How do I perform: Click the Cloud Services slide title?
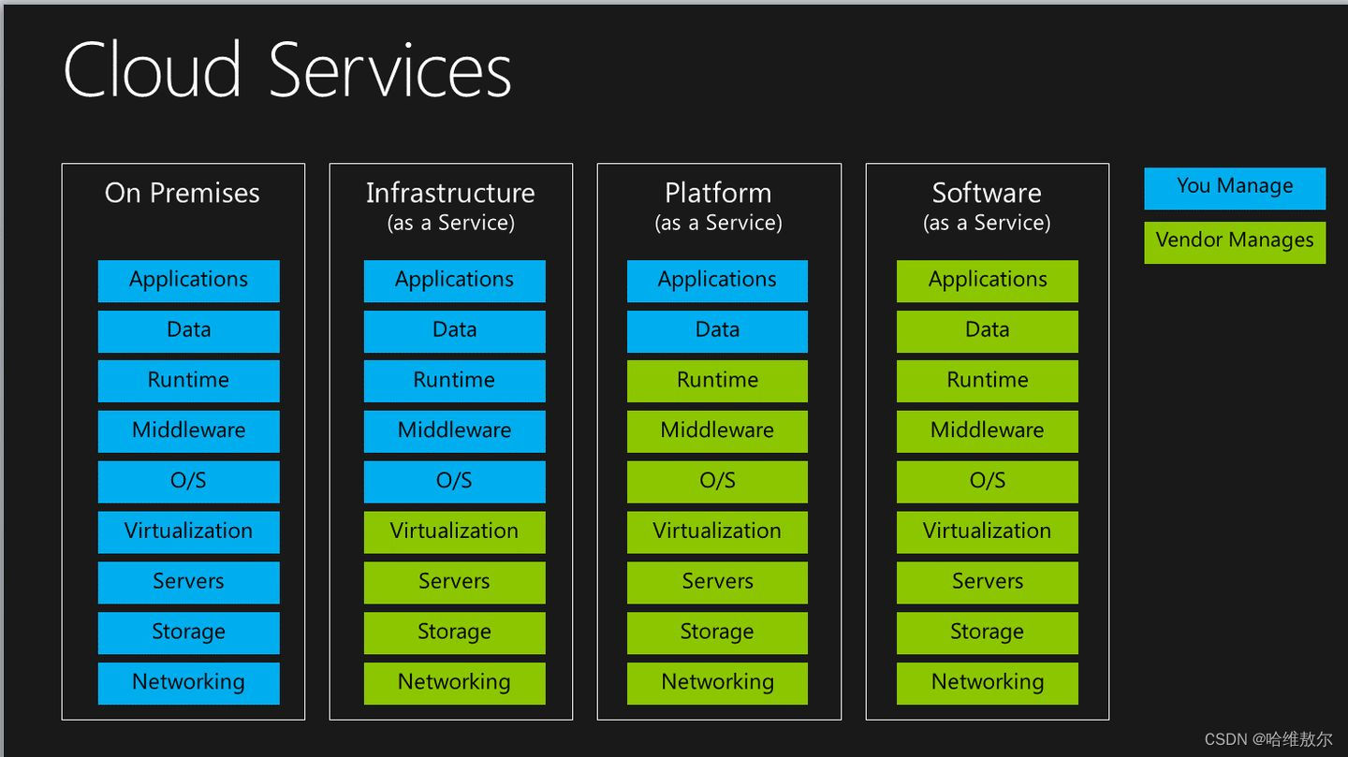tap(286, 70)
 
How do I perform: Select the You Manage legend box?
tap(1234, 187)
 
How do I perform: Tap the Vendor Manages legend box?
tap(1234, 241)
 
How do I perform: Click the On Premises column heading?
tap(183, 193)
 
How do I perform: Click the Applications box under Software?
tap(987, 281)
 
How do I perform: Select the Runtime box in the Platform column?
tap(717, 381)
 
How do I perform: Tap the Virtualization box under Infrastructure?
tap(454, 531)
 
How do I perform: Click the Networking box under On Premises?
tap(188, 683)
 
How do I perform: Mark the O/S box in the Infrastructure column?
tap(454, 481)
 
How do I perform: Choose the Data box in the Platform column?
tap(717, 330)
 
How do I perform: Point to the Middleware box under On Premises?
tap(188, 431)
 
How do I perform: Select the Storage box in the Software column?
tap(987, 633)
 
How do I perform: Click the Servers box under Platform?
tap(717, 582)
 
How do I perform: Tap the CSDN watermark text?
tap(1267, 739)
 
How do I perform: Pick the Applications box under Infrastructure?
tap(454, 281)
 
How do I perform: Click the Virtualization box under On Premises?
tap(188, 531)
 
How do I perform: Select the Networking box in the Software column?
tap(987, 683)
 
